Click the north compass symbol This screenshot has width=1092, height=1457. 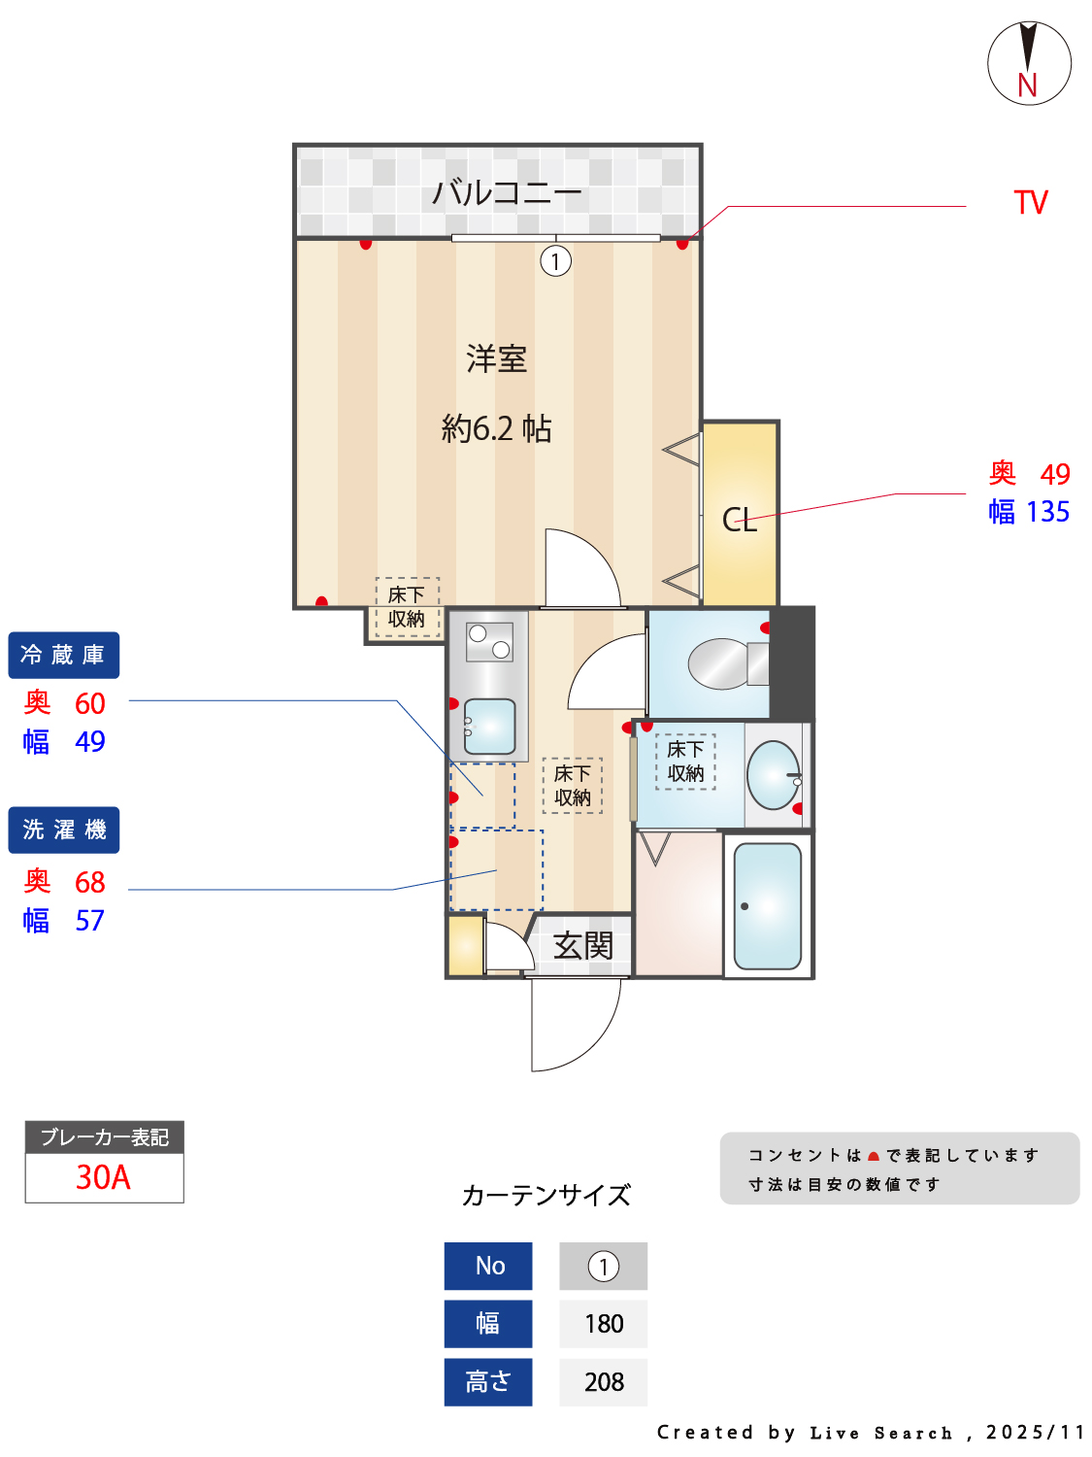[1028, 63]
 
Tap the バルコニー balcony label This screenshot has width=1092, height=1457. [507, 193]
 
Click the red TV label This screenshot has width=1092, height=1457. [1030, 202]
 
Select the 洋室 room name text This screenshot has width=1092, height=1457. [496, 358]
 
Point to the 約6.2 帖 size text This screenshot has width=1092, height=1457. [496, 428]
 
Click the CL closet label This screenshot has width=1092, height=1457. [739, 520]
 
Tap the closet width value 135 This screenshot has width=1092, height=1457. [1047, 512]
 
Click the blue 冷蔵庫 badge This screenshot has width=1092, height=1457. [64, 655]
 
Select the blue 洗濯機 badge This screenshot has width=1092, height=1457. [64, 830]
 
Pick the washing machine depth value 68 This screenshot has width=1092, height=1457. [90, 882]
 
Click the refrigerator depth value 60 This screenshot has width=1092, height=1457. [90, 703]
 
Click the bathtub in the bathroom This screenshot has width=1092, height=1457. [767, 906]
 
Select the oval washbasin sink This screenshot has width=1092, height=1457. [773, 774]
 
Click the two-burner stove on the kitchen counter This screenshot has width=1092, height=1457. [489, 641]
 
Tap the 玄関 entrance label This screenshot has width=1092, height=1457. [582, 945]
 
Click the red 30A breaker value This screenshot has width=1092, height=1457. [103, 1177]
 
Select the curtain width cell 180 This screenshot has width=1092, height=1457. [604, 1324]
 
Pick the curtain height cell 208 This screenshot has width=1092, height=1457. [604, 1382]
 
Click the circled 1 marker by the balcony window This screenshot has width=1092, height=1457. [555, 261]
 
